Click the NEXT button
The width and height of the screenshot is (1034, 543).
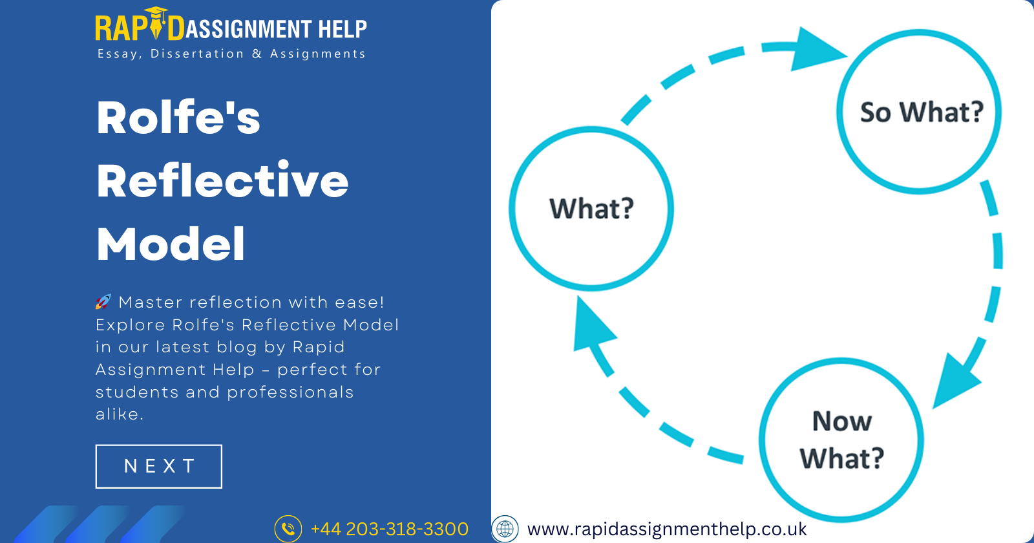pyautogui.click(x=159, y=466)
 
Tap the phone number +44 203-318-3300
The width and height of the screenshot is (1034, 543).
pyautogui.click(x=389, y=529)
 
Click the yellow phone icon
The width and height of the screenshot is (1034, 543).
pyautogui.click(x=288, y=529)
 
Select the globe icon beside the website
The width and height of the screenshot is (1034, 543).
pyautogui.click(x=505, y=529)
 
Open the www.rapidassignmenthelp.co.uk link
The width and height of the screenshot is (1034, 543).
pyautogui.click(x=667, y=529)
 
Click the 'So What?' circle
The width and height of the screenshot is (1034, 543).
pyautogui.click(x=919, y=112)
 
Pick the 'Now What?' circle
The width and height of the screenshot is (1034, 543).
pyautogui.click(x=841, y=440)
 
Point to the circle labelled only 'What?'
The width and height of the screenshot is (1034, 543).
pyautogui.click(x=591, y=208)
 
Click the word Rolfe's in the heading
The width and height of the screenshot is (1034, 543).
pyautogui.click(x=178, y=118)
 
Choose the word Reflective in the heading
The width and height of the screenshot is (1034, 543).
pyautogui.click(x=222, y=180)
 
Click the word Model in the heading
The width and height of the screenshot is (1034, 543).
pyautogui.click(x=171, y=244)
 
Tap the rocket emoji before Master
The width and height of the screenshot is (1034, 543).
pyautogui.click(x=103, y=302)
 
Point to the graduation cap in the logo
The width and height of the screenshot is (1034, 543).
pyautogui.click(x=156, y=12)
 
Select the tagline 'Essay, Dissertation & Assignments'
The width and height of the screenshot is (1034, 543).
pyautogui.click(x=231, y=54)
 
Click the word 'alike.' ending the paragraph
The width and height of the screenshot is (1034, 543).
pyautogui.click(x=120, y=414)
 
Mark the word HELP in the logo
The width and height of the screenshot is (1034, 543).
pyautogui.click(x=343, y=29)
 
